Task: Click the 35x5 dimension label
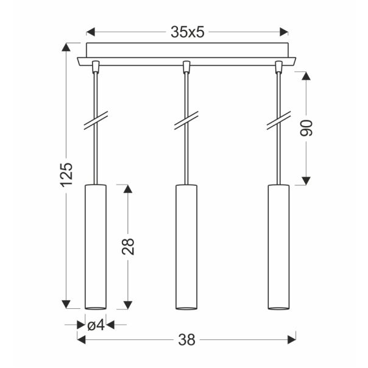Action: pos(187,32)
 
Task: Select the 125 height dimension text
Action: pos(66,174)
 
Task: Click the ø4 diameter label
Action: pos(96,325)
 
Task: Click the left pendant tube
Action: pos(95,245)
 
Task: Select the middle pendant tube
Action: pos(186,245)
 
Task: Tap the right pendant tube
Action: pos(278,245)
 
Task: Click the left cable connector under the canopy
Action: pos(95,65)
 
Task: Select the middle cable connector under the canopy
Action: pos(186,65)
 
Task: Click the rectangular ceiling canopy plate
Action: pos(187,49)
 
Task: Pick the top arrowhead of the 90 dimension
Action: pos(306,76)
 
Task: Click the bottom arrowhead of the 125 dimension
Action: pos(66,303)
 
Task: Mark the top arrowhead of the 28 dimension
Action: pos(127,188)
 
